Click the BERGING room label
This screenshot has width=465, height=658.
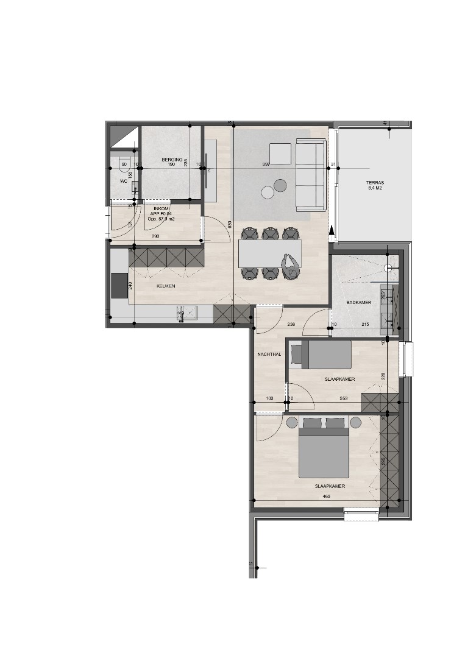(168, 160)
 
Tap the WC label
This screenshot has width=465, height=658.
(123, 180)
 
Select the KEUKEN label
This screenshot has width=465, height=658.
(166, 285)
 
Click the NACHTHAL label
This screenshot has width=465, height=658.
(268, 354)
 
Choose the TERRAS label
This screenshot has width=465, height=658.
(375, 182)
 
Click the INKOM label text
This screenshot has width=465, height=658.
(162, 208)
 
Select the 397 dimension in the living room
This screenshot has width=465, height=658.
(265, 164)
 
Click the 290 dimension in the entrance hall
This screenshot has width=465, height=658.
(157, 236)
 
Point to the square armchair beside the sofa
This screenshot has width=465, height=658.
(280, 153)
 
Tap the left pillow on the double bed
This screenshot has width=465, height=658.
(312, 422)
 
